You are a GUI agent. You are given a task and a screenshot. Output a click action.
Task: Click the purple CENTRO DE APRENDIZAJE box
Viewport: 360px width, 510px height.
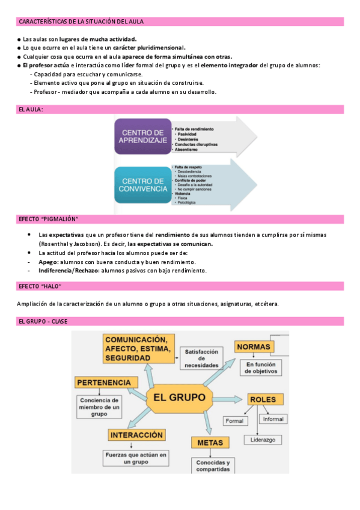[x=142, y=137]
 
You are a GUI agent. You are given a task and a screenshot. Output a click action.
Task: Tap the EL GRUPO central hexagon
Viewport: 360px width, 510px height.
[x=179, y=398]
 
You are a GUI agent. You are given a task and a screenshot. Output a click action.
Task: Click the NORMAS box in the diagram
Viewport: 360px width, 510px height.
[x=254, y=347]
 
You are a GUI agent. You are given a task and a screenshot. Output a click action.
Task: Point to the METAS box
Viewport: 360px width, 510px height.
[x=210, y=443]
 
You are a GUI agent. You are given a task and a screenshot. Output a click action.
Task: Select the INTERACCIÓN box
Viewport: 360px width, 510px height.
[x=137, y=434]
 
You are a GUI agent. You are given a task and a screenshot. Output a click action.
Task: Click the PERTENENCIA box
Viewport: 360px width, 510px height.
[x=103, y=382]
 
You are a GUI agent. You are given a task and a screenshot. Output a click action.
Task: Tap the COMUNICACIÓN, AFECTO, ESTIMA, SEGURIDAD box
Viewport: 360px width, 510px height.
[x=139, y=349]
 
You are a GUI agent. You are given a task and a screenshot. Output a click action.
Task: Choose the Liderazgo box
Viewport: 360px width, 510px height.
[x=263, y=440]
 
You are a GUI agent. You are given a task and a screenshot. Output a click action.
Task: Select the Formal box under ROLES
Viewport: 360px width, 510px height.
[x=235, y=420]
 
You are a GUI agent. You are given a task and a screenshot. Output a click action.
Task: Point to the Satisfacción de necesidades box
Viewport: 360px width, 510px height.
[x=201, y=358]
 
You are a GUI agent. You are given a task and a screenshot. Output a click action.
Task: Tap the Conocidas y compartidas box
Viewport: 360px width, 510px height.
[x=212, y=465]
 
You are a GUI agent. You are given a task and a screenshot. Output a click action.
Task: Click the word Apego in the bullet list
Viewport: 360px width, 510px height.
[x=47, y=262]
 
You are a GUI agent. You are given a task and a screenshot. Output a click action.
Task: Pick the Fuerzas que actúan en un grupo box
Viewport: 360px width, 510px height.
[x=136, y=458]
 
